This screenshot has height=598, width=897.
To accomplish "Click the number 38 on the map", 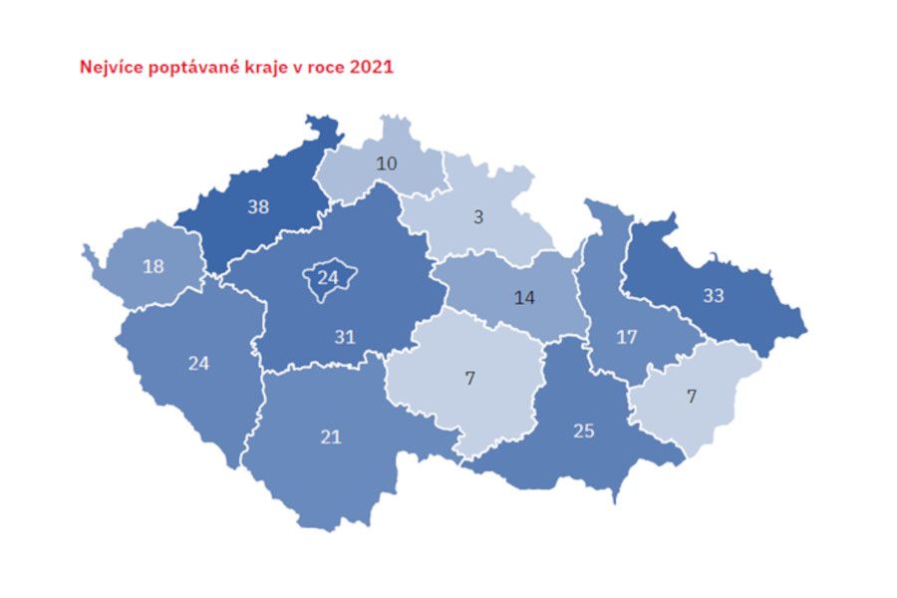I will point(258,207).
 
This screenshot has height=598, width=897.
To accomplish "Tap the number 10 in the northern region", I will point(386,162).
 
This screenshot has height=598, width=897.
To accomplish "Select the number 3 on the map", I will point(478,216).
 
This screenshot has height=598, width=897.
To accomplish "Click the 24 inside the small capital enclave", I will point(328,278).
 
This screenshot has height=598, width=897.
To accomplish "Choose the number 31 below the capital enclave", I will point(344,337).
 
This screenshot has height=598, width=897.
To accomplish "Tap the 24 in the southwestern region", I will point(198,363).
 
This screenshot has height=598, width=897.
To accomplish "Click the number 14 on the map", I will point(525,298).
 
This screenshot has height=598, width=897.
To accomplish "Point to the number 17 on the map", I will point(626,337).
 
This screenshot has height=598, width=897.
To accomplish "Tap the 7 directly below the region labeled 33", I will point(691,396).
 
